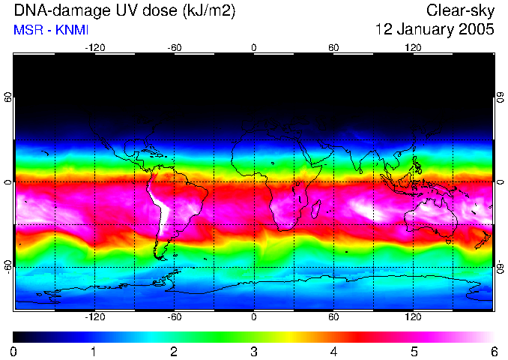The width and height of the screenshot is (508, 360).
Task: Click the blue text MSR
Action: pyautogui.click(x=27, y=30)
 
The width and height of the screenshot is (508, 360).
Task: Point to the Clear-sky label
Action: pyautogui.click(x=461, y=11)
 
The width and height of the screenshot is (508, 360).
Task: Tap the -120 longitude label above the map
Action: pyautogui.click(x=94, y=47)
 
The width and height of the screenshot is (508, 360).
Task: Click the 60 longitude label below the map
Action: pyautogui.click(x=334, y=316)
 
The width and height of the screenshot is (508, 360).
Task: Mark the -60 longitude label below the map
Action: pyautogui.click(x=175, y=316)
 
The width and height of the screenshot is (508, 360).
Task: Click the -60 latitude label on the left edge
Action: pyautogui.click(x=7, y=266)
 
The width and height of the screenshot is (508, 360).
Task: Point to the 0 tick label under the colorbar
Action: pyautogui.click(x=13, y=351)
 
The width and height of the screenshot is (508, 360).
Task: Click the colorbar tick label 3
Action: pyautogui.click(x=253, y=351)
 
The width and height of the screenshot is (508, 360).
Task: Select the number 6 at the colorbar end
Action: pyautogui.click(x=493, y=351)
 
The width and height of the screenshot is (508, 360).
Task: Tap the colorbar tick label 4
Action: pyautogui.click(x=333, y=351)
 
